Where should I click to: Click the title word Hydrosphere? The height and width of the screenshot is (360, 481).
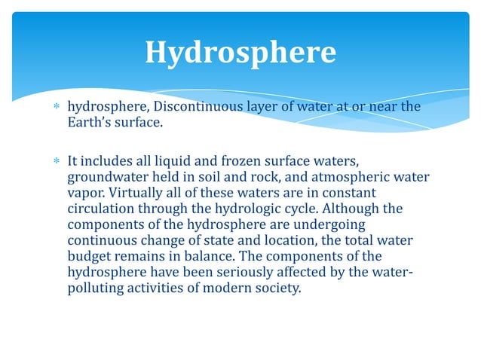[x=240, y=53]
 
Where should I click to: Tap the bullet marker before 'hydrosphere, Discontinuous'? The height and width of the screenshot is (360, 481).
[x=56, y=107]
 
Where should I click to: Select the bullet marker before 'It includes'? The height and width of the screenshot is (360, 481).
[x=56, y=162]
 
